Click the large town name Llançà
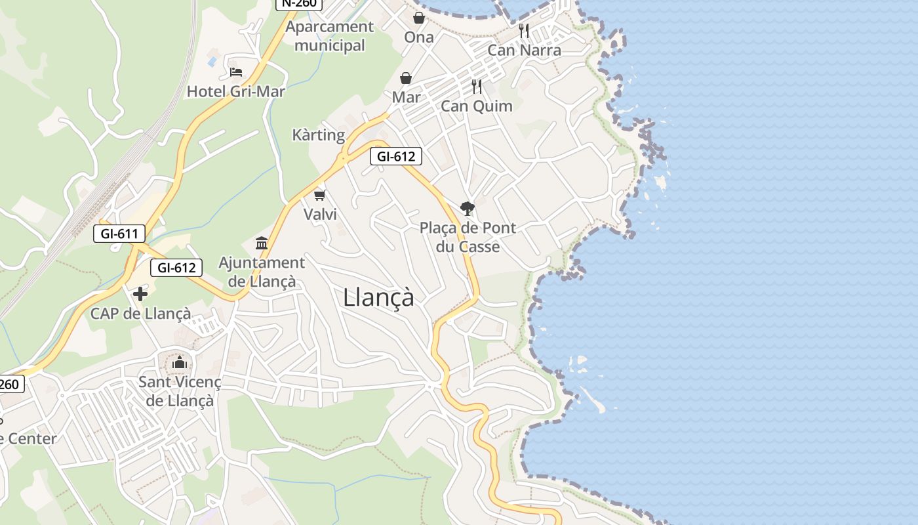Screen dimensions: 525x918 378,297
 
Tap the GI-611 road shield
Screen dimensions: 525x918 119,233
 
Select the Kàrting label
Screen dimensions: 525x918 318,135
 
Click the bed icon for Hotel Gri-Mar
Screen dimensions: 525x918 236,72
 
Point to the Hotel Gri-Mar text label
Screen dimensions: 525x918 236,91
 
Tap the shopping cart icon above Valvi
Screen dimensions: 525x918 320,195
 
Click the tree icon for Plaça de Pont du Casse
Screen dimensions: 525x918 467,209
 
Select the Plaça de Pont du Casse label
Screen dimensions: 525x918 468,237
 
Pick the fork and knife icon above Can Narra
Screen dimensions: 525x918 523,30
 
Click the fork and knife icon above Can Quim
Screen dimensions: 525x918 477,86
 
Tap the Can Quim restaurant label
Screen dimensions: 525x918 477,106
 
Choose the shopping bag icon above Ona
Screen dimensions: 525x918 418,18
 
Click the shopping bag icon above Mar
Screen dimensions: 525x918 406,78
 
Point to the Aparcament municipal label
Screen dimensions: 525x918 330,36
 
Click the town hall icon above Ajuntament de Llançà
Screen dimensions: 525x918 262,243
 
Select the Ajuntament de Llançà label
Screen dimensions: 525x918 262,272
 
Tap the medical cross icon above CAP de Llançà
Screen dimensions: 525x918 140,293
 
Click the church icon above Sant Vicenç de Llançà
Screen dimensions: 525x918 180,362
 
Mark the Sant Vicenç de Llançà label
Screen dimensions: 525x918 180,391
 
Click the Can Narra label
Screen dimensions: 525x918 524,50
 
